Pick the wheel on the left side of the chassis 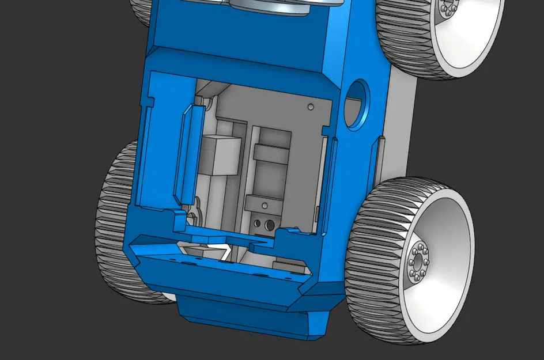point(112,225)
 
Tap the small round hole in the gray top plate point(311,107)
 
